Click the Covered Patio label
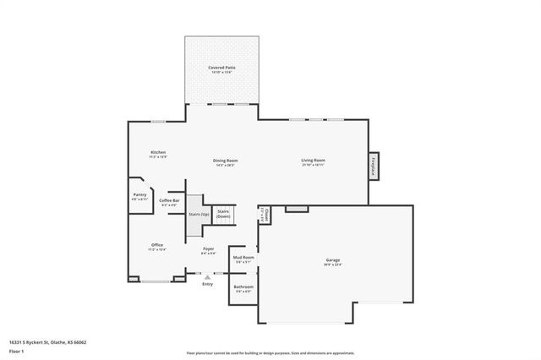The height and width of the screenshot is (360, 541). tap(222, 67)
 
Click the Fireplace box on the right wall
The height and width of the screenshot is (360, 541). tap(373, 166)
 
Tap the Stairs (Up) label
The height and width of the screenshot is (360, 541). tap(199, 215)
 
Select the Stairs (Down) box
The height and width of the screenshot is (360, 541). tap(223, 214)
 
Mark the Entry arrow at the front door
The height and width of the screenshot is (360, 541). tap(208, 275)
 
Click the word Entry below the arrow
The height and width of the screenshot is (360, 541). tap(208, 284)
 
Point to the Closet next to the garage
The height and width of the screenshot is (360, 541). tap(264, 215)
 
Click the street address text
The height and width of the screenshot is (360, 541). tap(48, 342)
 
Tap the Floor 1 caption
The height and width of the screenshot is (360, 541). tap(17, 351)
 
